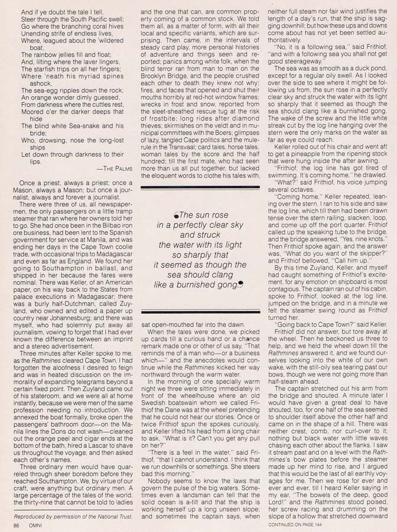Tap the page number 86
(x=17, y=524)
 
